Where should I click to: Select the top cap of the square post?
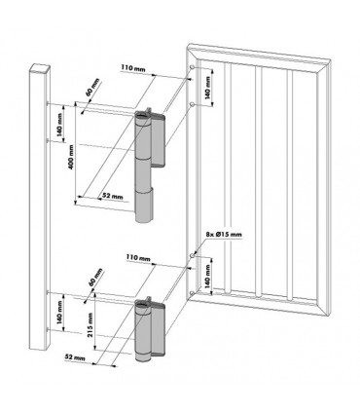40,67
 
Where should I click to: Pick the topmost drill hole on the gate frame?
197,68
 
